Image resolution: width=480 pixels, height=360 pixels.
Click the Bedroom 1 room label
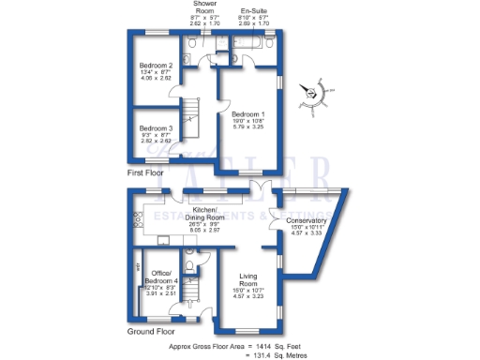(248, 113)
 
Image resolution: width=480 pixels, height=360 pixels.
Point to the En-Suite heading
(255, 7)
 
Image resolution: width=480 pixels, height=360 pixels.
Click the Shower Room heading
(205, 6)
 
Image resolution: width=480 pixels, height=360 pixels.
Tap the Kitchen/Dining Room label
(204, 211)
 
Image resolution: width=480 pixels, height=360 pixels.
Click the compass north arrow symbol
(313, 92)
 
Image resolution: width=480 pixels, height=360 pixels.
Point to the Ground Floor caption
(151, 331)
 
